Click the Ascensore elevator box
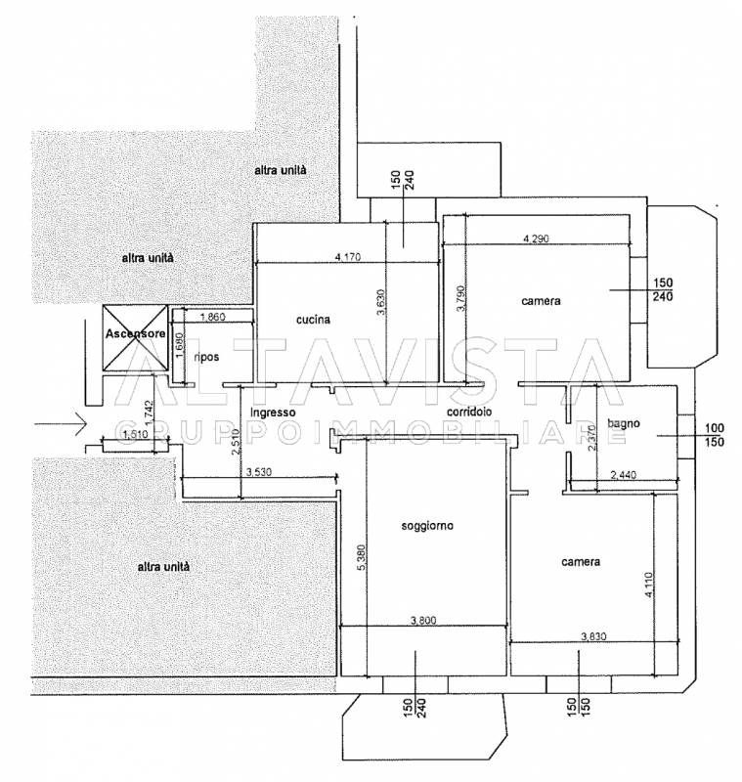[x=135, y=338]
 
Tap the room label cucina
[x=313, y=320]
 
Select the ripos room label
[x=206, y=358]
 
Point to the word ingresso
[x=273, y=413]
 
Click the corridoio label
[x=469, y=412]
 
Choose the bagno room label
[x=624, y=424]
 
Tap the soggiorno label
[x=427, y=526]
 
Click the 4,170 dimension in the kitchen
[x=348, y=257]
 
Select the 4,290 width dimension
[x=536, y=239]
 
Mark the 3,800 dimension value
[x=423, y=621]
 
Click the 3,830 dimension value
[x=594, y=636]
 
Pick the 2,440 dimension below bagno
[x=624, y=475]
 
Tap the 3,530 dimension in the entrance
[x=259, y=472]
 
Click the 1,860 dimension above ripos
[x=212, y=317]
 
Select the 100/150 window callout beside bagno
[x=715, y=435]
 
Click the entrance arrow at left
[x=62, y=424]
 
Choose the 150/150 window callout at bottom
[x=579, y=708]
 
